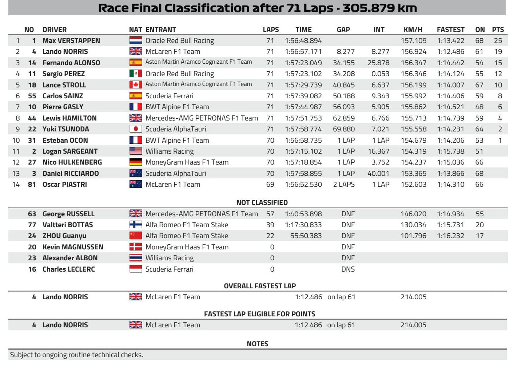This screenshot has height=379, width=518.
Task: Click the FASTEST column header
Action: point(450,29)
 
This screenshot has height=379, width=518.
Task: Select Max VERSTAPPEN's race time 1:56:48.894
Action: point(303,41)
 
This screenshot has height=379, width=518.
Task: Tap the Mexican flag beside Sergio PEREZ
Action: point(136,74)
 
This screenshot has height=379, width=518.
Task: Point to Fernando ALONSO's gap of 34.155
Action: point(343,63)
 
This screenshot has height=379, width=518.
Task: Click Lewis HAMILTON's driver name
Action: point(69,118)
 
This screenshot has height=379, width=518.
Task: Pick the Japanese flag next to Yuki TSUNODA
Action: point(136,129)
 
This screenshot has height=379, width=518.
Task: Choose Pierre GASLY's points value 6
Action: point(500,107)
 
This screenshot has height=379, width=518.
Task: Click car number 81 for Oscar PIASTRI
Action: point(32,185)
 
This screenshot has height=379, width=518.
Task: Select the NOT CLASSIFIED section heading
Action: point(262,202)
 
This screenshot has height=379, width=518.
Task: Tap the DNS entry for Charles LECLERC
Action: point(348,269)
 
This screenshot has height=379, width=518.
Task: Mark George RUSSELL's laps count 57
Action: point(270,214)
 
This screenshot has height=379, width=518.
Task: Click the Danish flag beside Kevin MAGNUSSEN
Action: point(136,247)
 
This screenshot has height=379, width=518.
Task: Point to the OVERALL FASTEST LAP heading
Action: point(260,286)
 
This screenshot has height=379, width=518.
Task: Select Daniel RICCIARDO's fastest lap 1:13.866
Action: point(450,173)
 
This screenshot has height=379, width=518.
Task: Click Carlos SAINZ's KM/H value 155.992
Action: point(414,96)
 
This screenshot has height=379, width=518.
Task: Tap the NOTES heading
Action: point(257,344)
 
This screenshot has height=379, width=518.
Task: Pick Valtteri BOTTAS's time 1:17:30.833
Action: point(303,225)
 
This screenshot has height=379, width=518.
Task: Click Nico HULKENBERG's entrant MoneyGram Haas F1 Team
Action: point(187,162)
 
